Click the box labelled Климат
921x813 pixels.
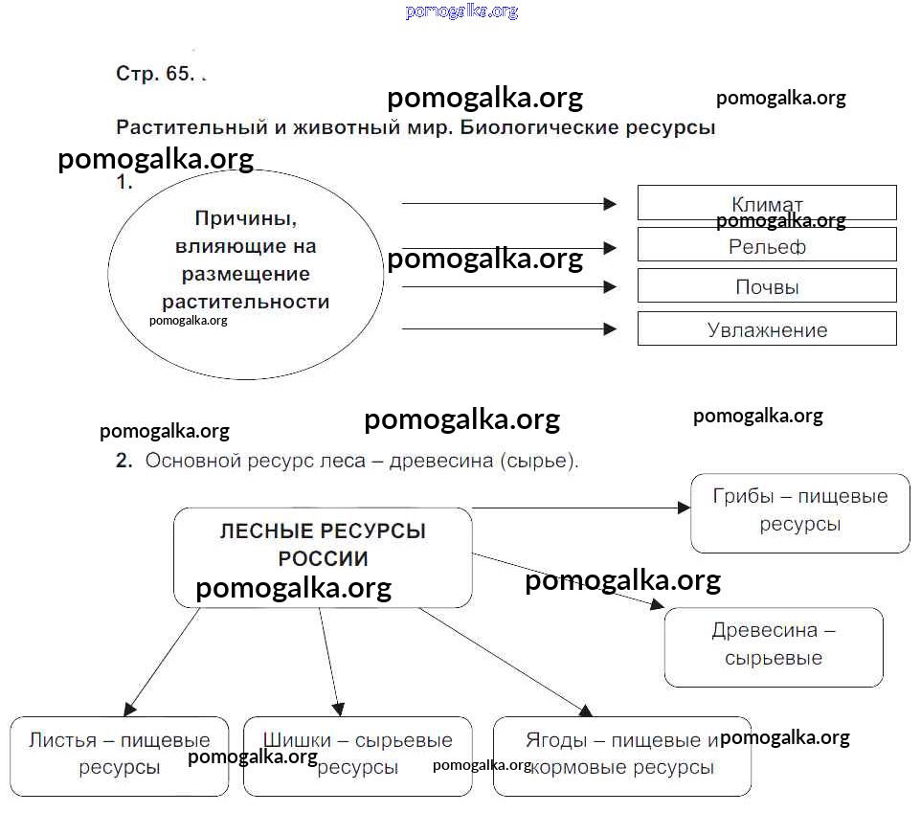(x=767, y=203)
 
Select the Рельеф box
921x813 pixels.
(x=767, y=245)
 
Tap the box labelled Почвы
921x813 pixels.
(x=767, y=286)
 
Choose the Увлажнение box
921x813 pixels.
(x=767, y=328)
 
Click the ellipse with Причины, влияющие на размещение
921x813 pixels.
(x=245, y=274)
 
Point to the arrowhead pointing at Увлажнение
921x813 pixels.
(x=610, y=329)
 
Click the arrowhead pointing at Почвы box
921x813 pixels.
(x=610, y=287)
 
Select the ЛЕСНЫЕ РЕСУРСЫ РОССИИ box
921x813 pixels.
(x=323, y=556)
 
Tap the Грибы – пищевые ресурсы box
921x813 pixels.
(x=799, y=512)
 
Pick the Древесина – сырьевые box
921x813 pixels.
(x=773, y=646)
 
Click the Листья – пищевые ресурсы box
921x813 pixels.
(x=120, y=756)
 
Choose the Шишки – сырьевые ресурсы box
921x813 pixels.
(x=357, y=756)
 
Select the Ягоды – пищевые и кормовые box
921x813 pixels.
(x=621, y=756)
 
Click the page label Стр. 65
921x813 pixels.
(x=155, y=74)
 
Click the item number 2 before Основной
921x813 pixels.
(x=124, y=461)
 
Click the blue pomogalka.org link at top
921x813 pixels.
(x=460, y=11)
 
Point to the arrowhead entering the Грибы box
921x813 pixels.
(x=684, y=508)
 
